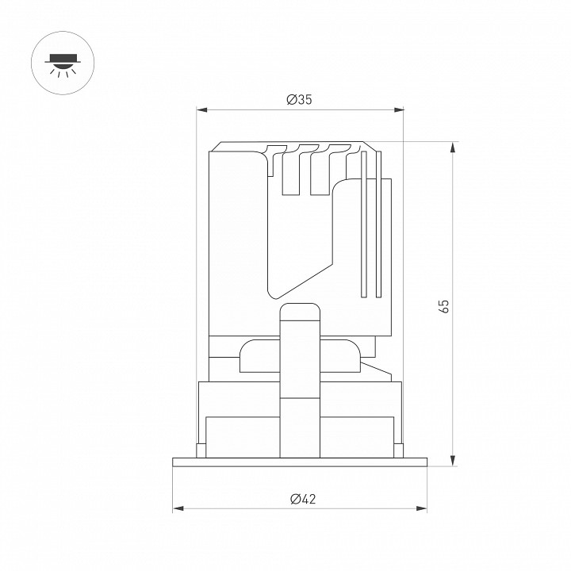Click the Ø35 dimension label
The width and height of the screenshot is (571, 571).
pyautogui.click(x=299, y=99)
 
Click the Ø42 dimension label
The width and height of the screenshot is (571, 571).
pyautogui.click(x=303, y=499)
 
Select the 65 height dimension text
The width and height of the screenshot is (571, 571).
pyautogui.click(x=444, y=306)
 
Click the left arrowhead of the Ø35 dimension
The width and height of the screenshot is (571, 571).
pyautogui.click(x=201, y=109)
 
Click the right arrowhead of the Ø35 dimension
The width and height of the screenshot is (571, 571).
pyautogui.click(x=399, y=109)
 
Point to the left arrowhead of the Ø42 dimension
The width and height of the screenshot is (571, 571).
pyautogui.click(x=178, y=508)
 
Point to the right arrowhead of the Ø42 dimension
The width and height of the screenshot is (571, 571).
pyautogui.click(x=421, y=508)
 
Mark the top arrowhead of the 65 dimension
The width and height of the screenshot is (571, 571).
pyautogui.click(x=453, y=148)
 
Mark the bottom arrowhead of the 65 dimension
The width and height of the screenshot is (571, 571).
pyautogui.click(x=453, y=460)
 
